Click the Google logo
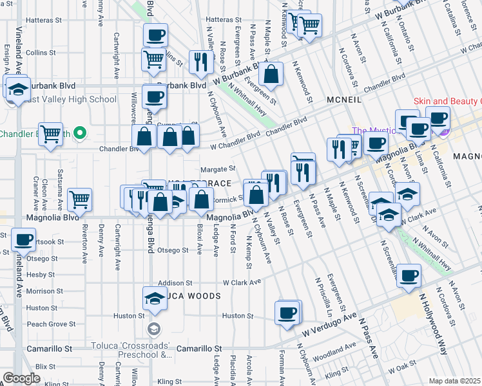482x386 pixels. click(21, 378)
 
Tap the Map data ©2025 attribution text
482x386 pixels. click(455, 381)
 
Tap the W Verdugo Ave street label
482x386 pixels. click(329, 327)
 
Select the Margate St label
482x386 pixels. click(218, 169)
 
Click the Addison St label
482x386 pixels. click(175, 282)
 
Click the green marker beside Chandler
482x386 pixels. click(80, 133)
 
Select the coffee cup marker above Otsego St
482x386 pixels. click(24, 240)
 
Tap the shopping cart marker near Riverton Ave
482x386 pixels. click(79, 199)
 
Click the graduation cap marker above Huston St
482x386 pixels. click(154, 298)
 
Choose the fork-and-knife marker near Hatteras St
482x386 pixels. click(200, 61)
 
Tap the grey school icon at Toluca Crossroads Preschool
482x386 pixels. click(153, 330)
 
